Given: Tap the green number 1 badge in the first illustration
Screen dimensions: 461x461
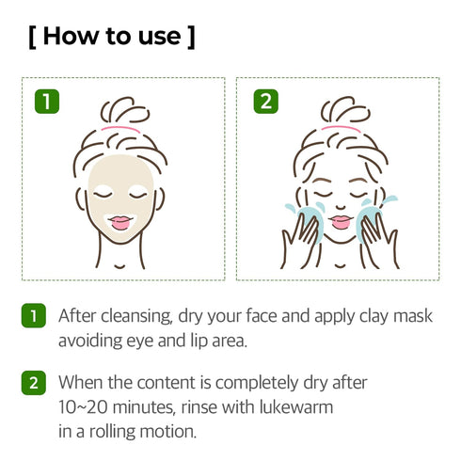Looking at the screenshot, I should coord(45,101).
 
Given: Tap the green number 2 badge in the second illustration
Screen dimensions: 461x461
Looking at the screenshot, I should coord(266,101).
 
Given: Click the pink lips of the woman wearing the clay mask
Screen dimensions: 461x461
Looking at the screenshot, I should coord(120,222).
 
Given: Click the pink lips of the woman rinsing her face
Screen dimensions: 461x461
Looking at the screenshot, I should coord(341,222).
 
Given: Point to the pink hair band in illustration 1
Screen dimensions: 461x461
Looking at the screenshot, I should coord(120,128).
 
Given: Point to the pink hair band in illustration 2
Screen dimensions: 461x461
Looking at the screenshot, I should coord(341,128).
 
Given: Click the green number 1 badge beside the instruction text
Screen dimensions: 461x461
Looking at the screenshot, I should coord(33,316).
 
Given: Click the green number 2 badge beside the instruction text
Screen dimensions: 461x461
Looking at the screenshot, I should coord(33,384).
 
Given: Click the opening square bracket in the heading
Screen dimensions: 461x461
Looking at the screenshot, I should coord(34,37).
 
